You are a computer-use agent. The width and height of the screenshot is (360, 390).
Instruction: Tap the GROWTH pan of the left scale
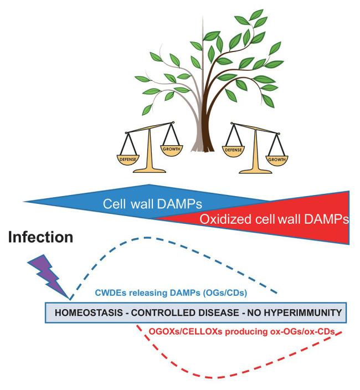click(x=172, y=148)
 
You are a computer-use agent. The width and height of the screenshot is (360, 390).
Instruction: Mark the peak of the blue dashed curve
click(x=147, y=238)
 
